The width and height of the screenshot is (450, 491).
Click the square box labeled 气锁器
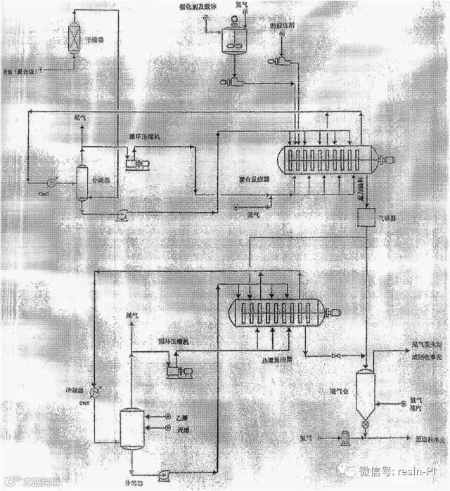(x=366, y=218)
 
